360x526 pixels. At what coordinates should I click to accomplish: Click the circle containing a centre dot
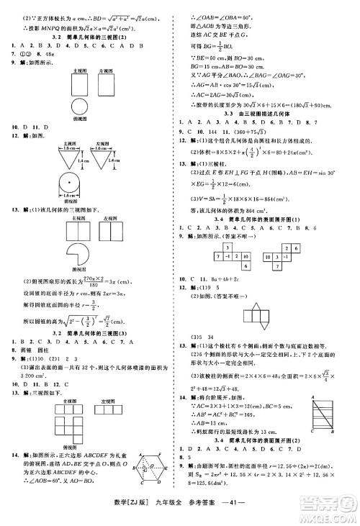tap(55, 180)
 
